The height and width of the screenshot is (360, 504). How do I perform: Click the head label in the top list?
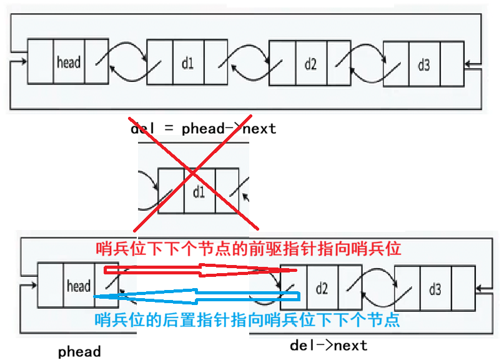69,62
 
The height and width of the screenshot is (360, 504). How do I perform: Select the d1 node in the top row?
187,62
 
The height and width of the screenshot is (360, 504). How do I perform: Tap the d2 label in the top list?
310,62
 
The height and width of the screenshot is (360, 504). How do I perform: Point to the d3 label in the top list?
423,64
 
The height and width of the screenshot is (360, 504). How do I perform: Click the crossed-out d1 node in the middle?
199,191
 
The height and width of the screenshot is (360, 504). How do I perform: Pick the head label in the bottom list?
79,286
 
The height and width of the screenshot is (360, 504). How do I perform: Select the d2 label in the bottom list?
322,288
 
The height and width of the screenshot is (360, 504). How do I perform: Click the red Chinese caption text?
248,249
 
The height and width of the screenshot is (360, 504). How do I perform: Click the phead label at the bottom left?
79,351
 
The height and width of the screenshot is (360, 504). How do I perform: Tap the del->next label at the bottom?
329,345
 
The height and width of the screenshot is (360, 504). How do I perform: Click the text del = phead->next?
203,129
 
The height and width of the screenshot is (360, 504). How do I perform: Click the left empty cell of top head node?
41,62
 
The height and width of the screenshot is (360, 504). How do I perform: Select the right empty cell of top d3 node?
452,64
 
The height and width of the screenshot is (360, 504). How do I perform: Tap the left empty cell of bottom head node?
51,285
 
